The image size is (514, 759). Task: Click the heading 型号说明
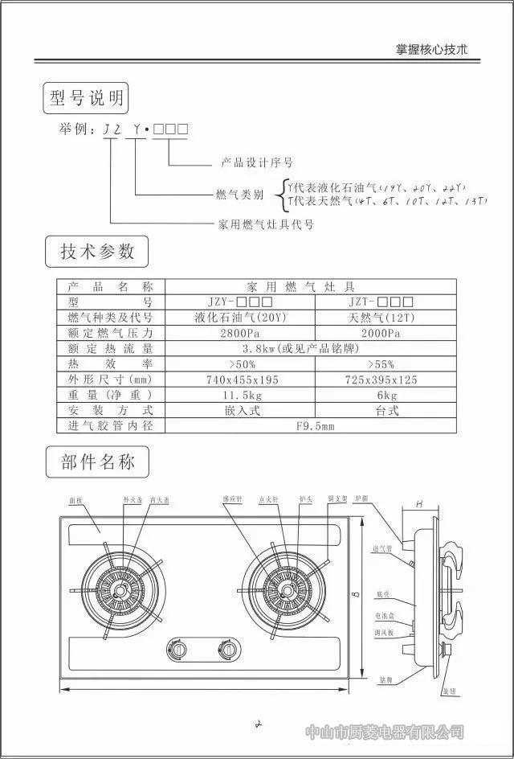tap(87, 98)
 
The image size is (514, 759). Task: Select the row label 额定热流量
tap(110, 348)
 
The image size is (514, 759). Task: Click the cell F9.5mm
tap(309, 425)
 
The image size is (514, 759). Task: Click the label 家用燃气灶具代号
tap(265, 224)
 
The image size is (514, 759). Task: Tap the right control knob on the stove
tap(228, 648)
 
